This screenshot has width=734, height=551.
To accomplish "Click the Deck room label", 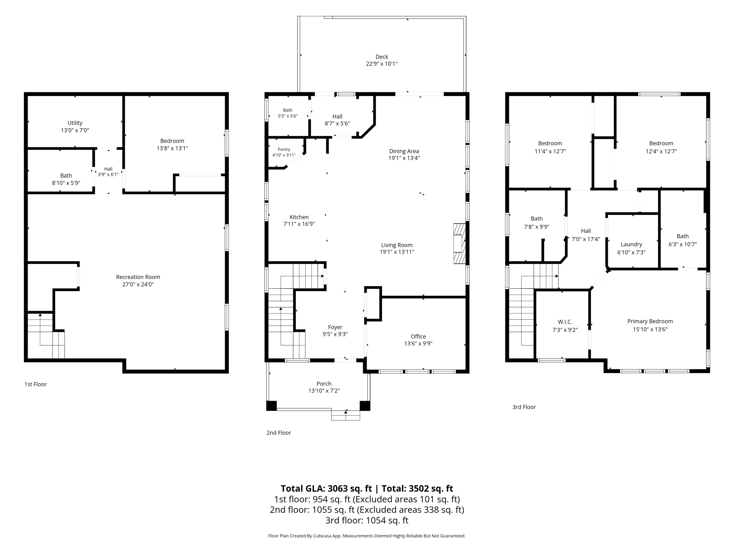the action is tap(381, 57).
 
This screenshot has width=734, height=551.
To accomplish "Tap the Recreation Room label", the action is tap(138, 277).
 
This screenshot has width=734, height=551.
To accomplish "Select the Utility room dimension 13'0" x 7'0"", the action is tap(75, 130).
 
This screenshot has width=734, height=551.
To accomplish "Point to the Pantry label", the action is tap(284, 149).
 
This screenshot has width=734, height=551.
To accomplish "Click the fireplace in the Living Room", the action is tap(459, 244).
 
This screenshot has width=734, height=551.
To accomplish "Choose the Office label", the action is tap(418, 337).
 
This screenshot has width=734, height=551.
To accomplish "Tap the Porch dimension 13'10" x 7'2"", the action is tap(324, 391).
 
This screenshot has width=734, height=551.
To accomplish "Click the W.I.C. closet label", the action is tap(565, 322).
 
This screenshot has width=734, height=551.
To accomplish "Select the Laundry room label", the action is tap(631, 244).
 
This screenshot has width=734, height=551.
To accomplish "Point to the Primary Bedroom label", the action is tap(650, 321).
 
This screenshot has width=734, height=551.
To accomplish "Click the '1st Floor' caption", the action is tap(35, 384).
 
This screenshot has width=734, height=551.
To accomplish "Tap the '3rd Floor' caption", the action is tap(524, 407).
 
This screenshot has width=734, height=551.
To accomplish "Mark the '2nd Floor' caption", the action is tap(279, 433).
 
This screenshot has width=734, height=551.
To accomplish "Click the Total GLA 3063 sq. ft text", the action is tap(326, 488).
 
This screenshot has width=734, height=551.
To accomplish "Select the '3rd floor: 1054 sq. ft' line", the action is tap(367, 520).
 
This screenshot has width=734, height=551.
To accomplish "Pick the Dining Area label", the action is tap(404, 151).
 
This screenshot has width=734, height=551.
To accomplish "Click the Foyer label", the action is tap(335, 327).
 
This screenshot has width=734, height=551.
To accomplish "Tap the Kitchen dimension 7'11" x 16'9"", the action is tap(299, 224).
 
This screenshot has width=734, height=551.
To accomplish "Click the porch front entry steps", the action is tap(345, 415).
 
